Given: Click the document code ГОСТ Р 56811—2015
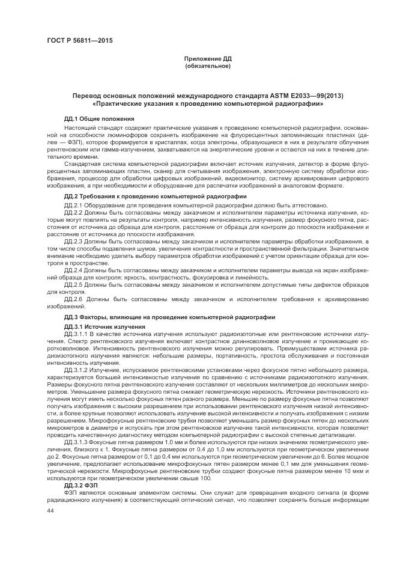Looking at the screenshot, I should tap(79, 41).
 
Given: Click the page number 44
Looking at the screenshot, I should tap(50, 510).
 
